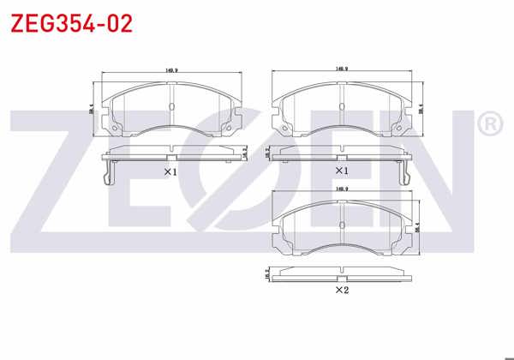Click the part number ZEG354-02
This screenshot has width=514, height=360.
(71, 23)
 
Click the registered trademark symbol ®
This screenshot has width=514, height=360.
(489, 125)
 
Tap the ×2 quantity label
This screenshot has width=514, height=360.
(341, 291)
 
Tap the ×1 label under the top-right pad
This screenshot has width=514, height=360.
(341, 171)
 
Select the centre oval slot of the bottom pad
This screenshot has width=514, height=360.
(341, 225)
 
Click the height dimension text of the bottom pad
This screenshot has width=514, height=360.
(418, 227)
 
